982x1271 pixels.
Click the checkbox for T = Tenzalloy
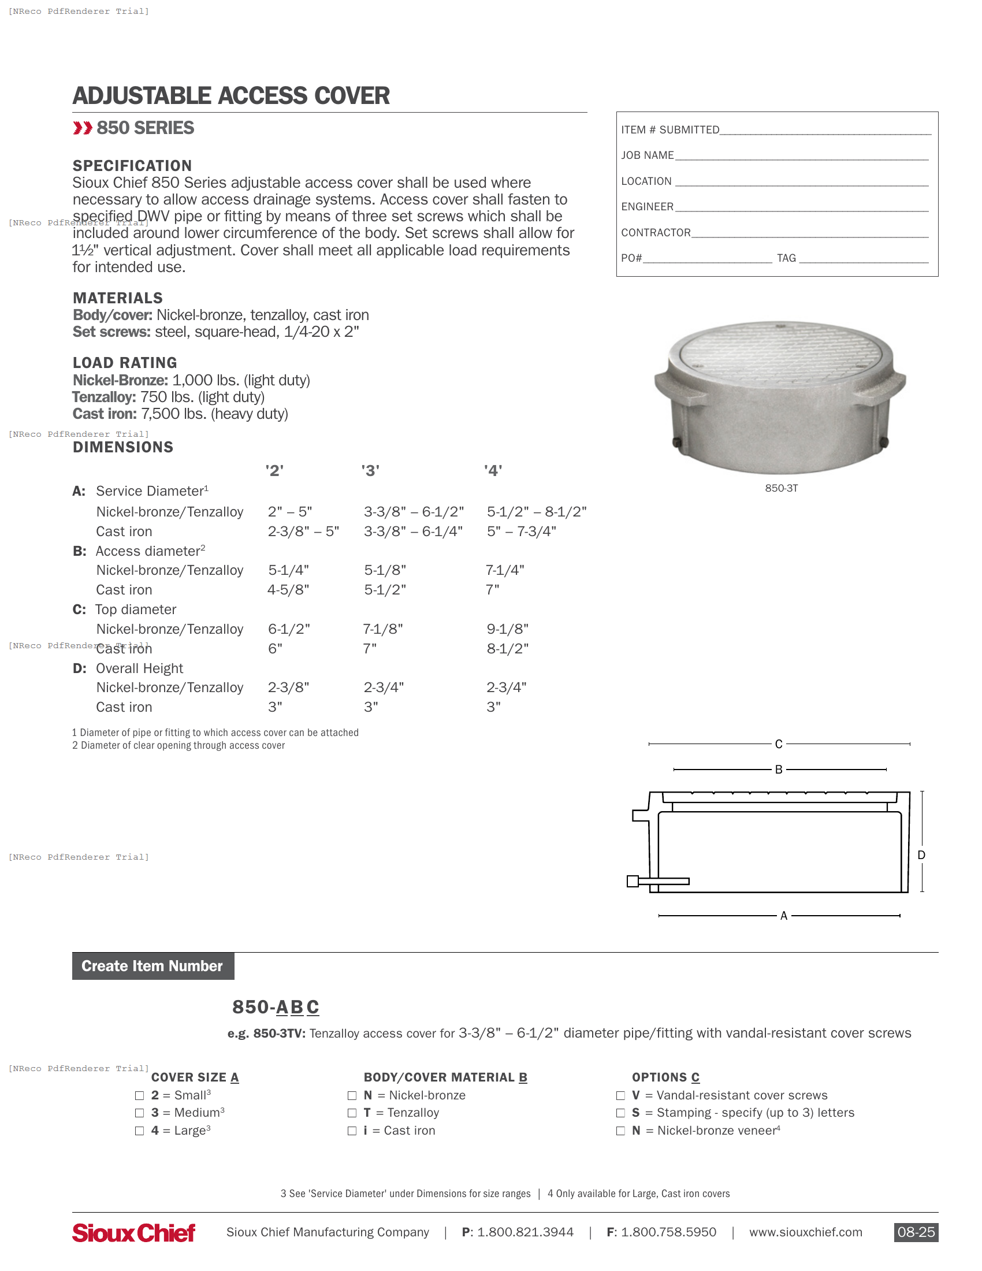[x=352, y=1113]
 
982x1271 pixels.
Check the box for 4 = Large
[x=139, y=1131]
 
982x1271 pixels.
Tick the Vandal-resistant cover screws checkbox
[x=620, y=1095]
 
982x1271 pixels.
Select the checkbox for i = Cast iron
[x=352, y=1131]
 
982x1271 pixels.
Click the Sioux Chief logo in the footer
[x=133, y=1233]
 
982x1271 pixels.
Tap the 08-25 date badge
[x=915, y=1232]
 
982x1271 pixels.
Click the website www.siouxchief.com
[x=805, y=1232]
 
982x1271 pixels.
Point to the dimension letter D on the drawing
[x=921, y=855]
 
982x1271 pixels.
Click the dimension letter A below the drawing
[x=783, y=916]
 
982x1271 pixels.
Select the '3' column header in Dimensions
[x=370, y=470]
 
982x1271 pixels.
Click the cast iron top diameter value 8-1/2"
[x=507, y=648]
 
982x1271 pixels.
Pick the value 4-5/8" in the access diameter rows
[x=288, y=589]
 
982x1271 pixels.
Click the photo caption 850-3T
[x=781, y=488]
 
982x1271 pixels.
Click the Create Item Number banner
[x=152, y=966]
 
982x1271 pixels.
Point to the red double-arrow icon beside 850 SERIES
[x=83, y=128]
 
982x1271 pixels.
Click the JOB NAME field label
[x=647, y=155]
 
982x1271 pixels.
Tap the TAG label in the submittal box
[x=786, y=258]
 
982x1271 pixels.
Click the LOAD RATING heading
[x=125, y=363]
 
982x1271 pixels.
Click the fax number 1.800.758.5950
[x=668, y=1232]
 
